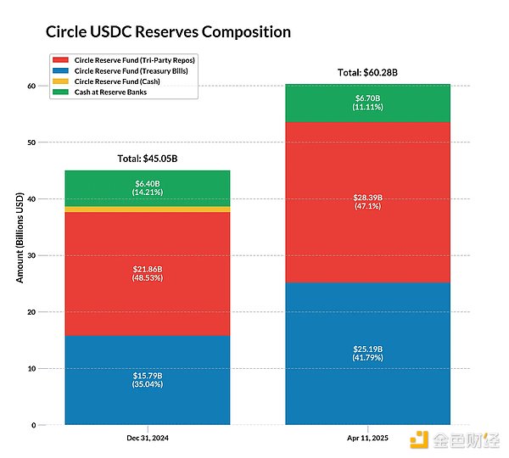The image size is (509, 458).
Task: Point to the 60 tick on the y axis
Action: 30,86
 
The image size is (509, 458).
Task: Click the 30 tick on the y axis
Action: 30,255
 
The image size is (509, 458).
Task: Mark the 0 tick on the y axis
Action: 32,425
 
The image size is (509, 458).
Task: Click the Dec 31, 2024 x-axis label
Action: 147,439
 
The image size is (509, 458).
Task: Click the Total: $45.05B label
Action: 147,159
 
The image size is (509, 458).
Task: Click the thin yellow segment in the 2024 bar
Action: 147,209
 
